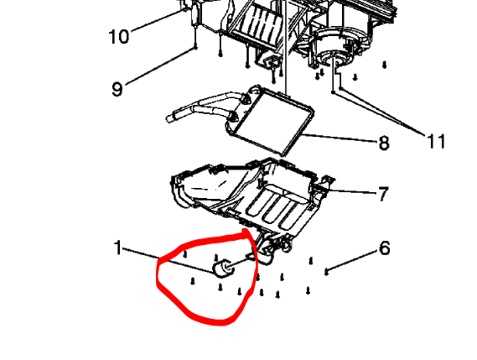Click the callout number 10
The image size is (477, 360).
tap(119, 37)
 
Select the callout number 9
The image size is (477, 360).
tap(117, 89)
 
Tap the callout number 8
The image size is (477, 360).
tap(384, 142)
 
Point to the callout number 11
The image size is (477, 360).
tap(436, 141)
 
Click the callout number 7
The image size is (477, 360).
tap(383, 194)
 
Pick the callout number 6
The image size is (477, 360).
tap(384, 248)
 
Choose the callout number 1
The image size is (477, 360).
tap(118, 248)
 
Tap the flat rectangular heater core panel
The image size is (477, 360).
tap(270, 121)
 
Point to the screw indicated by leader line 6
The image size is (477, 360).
tap(326, 271)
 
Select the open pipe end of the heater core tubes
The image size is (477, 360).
tap(169, 118)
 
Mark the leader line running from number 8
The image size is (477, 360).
tap(340, 138)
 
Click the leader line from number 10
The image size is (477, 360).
tap(159, 20)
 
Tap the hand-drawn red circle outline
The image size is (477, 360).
tap(158, 274)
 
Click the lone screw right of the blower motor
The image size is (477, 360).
tap(384, 65)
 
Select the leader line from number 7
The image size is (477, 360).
tap(351, 191)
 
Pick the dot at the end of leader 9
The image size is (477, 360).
tap(195, 48)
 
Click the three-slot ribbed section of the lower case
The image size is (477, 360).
tap(275, 210)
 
